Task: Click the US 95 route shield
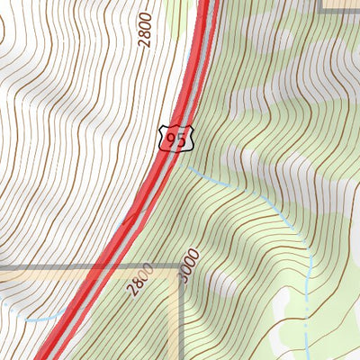point(175,138)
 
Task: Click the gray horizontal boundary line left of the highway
point(45,267)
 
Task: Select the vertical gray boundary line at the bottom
point(180,324)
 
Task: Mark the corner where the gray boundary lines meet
point(180,267)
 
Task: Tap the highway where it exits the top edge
point(209,3)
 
